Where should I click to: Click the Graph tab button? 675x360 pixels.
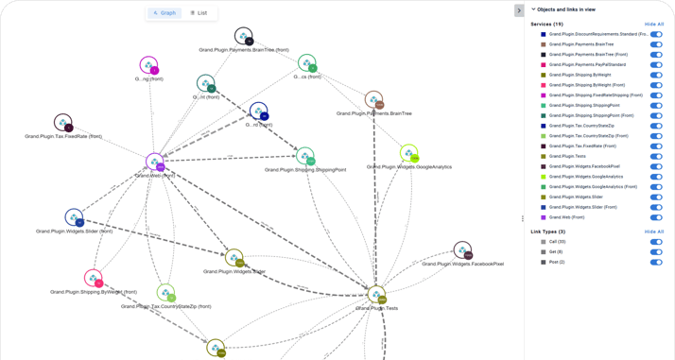[x=164, y=13]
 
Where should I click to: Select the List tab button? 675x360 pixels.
[x=199, y=13]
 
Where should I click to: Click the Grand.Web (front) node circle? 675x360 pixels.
[x=155, y=163]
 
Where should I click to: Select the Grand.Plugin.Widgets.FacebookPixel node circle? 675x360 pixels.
[x=462, y=250]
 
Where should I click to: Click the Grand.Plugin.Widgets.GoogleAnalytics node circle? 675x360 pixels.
[x=408, y=153]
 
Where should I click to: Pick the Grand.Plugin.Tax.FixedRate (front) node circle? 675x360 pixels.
[x=63, y=123]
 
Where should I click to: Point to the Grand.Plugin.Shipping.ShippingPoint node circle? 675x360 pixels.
[x=304, y=156]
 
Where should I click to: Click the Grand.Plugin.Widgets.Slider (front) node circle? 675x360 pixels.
[x=74, y=218]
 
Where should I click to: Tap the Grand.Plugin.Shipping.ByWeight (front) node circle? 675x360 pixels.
[x=93, y=278]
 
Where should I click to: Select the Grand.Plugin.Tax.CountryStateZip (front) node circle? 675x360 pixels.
[x=165, y=293]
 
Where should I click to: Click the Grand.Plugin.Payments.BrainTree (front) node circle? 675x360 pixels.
[x=243, y=37]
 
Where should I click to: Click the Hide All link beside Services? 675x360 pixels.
[x=654, y=24]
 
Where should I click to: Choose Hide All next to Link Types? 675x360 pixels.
[x=654, y=231]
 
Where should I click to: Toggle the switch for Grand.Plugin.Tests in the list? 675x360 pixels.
[x=656, y=156]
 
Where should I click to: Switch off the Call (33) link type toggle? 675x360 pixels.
[x=656, y=242]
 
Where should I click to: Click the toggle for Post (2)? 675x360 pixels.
[x=656, y=262]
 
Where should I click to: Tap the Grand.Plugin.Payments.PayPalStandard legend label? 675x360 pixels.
[x=587, y=64]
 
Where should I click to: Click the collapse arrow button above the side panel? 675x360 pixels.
[x=519, y=10]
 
